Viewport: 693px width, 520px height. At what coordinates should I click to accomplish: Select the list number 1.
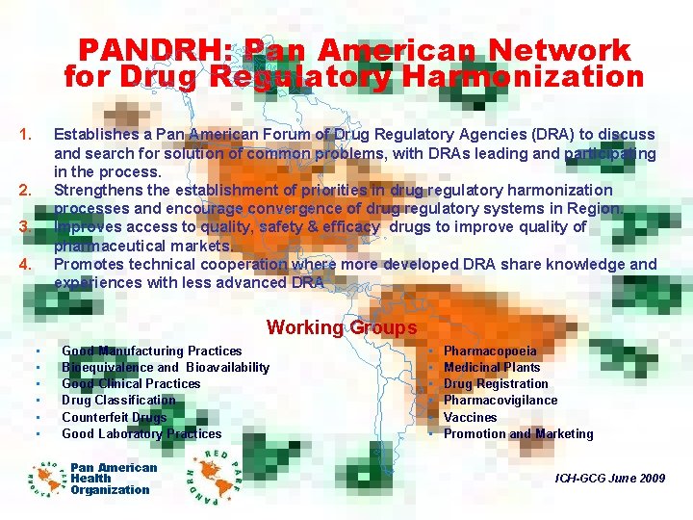coord(27,134)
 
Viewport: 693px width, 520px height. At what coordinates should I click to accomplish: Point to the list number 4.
coord(27,264)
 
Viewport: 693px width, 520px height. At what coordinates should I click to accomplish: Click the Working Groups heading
coord(342,327)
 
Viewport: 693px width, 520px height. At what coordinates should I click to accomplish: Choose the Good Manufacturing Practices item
coord(151,351)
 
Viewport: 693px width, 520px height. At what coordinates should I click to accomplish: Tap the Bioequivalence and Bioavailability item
coord(165,367)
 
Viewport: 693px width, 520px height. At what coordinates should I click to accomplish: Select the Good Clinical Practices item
coord(131,383)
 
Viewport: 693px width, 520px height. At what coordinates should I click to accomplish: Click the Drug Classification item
coord(118,400)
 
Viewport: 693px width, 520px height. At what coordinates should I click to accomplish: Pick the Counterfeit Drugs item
coord(114,417)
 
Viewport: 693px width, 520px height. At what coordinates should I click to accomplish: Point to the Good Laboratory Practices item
coord(141,433)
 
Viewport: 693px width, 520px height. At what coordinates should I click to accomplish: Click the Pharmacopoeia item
coord(490,351)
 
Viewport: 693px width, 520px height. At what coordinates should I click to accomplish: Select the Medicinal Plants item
coord(492,367)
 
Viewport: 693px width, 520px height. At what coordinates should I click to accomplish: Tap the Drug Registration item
coord(496,383)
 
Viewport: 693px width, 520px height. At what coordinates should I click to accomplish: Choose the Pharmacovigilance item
coord(500,400)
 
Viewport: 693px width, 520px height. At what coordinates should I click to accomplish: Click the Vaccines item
coord(471,417)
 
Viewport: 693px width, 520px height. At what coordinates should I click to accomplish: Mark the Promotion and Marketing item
coord(518,433)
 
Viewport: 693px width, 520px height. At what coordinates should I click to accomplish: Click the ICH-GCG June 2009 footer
coord(610,479)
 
